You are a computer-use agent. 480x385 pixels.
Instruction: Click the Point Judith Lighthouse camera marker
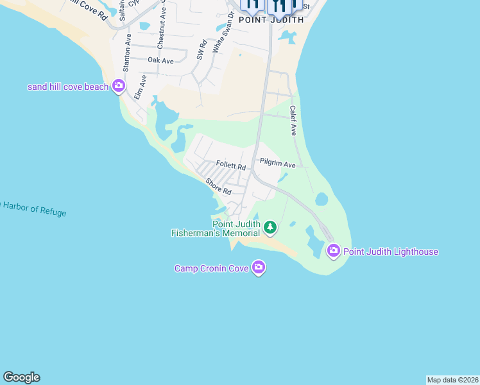(x=333, y=251)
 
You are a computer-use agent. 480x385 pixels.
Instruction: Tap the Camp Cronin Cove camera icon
(x=258, y=267)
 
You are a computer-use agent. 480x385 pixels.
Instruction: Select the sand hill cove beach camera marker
(x=118, y=86)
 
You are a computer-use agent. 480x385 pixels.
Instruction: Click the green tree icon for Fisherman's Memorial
(x=270, y=227)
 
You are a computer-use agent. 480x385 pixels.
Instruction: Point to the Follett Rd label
(x=231, y=166)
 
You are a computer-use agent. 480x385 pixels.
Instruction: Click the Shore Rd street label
(x=218, y=187)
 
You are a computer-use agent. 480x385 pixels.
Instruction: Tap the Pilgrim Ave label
(x=277, y=164)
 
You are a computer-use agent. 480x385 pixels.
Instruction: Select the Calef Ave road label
(x=293, y=120)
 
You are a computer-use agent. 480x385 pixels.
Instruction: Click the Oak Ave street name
(x=160, y=60)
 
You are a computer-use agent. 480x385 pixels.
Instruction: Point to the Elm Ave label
(x=140, y=87)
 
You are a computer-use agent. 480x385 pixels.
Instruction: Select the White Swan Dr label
(x=220, y=36)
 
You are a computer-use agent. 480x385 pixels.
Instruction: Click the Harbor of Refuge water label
(x=34, y=208)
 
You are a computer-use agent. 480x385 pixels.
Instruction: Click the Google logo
(x=21, y=377)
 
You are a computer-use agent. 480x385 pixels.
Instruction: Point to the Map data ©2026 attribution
(x=452, y=380)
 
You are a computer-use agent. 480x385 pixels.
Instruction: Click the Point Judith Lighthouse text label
(x=391, y=252)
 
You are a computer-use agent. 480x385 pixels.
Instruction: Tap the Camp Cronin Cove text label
(x=212, y=268)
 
